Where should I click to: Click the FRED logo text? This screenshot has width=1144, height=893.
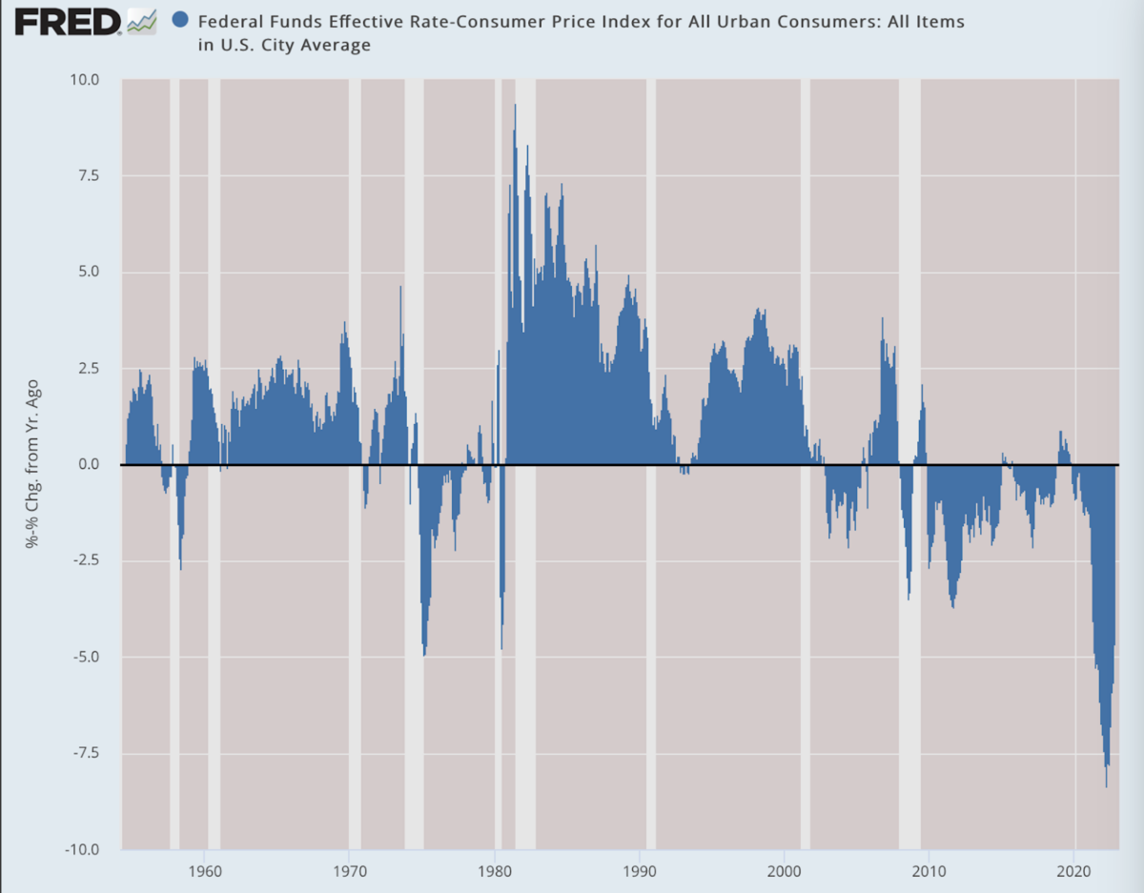coord(68,22)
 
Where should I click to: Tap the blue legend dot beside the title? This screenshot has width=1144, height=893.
coord(180,21)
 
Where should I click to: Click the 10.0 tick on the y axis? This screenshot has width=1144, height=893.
coord(84,80)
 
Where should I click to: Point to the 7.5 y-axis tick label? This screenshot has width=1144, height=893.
coord(89,175)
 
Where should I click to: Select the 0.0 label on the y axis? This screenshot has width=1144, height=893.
coord(89,464)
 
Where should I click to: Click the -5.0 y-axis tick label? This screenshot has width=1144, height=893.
coord(86,657)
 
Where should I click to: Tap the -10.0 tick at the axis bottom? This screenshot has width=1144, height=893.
coord(82,849)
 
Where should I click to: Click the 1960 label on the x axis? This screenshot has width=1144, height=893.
coord(205,871)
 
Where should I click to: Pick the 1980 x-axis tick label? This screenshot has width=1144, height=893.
coord(495,871)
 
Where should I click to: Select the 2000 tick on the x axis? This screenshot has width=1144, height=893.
coord(784,871)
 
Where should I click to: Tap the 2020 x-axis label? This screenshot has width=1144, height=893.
coord(1074,871)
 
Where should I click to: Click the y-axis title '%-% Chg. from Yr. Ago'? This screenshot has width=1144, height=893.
coord(32,463)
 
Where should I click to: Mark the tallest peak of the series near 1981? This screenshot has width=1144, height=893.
coord(516,105)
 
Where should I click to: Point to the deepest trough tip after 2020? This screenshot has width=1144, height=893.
coord(1107,786)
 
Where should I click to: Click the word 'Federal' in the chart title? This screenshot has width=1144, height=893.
coord(230,22)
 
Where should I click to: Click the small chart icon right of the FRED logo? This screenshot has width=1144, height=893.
coord(142,22)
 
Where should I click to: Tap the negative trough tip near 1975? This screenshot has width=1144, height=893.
coord(424,655)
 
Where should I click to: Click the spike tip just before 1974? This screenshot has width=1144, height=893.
coord(400,287)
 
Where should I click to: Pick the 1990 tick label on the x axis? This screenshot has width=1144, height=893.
coord(639,871)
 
